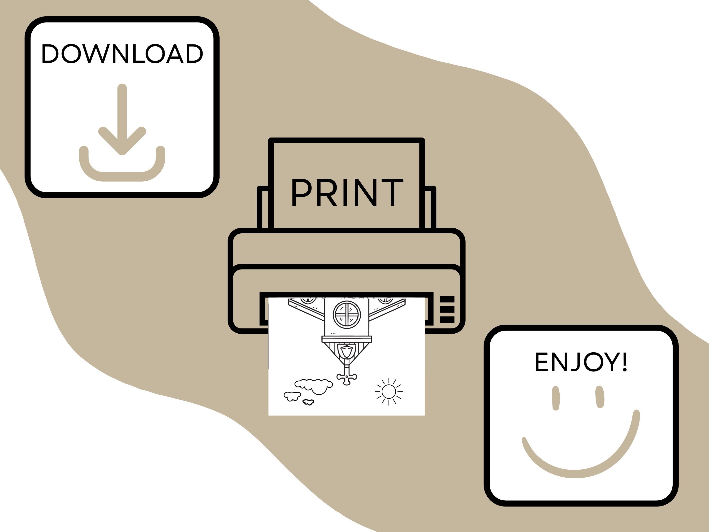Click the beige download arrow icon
122,132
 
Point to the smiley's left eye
556,398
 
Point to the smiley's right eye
600,397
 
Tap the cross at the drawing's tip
346,378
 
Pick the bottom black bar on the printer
447,319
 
